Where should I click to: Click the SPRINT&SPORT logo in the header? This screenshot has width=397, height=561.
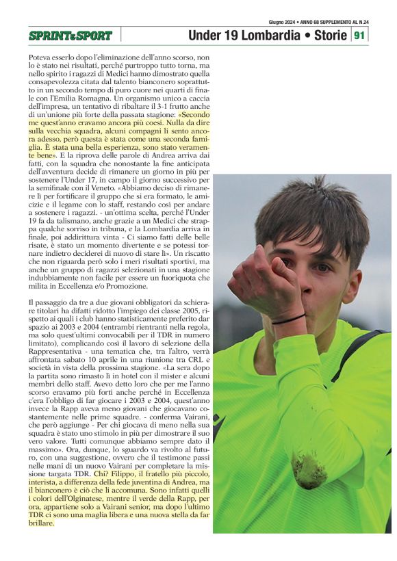point(70,36)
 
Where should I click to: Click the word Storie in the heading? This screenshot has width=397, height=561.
point(324,35)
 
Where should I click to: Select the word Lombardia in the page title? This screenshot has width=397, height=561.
point(261,35)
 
